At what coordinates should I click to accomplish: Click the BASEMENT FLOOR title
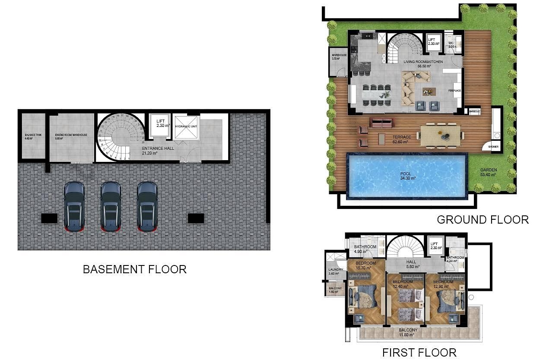point(134,269)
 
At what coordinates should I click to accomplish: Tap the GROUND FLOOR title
point(483,220)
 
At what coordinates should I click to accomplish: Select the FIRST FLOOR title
point(419,353)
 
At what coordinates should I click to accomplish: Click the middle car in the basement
point(111,206)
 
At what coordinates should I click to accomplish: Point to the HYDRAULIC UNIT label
point(186,126)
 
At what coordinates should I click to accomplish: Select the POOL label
point(407,174)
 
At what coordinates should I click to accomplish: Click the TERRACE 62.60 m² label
point(402,139)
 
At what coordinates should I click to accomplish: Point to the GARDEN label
point(488,170)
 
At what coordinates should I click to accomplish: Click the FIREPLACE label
point(454,91)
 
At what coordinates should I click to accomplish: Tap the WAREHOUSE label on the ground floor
point(339,55)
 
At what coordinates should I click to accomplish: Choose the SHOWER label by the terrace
point(493,147)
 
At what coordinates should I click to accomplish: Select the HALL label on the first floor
point(411,262)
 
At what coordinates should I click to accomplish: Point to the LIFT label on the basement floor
point(161,122)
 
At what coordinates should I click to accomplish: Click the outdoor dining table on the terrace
point(441,134)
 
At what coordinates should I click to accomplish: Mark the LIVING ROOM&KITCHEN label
point(423,62)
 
